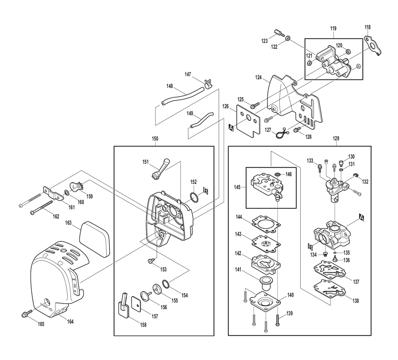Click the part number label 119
333,28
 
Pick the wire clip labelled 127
281,134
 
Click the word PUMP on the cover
45,307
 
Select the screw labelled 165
26,315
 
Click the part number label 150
155,139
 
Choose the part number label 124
259,78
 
